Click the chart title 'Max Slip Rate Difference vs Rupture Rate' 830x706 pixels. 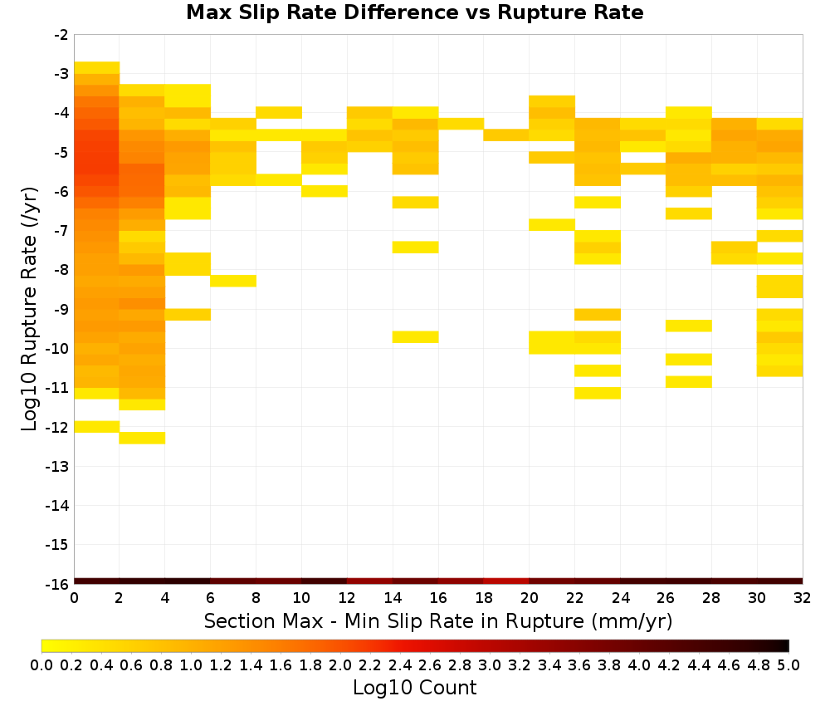414,12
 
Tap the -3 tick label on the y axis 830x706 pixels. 61,74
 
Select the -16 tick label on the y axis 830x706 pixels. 57,584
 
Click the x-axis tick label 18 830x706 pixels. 484,598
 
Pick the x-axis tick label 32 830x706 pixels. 803,598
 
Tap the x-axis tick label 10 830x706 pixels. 302,598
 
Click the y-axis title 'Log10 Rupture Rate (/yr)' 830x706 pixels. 29,309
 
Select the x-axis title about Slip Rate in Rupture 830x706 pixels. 438,620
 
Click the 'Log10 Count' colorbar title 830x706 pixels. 414,688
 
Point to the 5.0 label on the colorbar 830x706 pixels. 788,664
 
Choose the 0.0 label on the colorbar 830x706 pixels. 41,664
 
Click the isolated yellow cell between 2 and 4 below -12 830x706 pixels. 142,438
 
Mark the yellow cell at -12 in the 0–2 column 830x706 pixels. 97,426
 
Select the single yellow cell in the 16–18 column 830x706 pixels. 461,124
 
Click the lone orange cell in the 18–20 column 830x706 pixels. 506,135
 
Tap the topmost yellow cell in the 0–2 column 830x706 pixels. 97,68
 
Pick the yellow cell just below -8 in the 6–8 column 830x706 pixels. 233,281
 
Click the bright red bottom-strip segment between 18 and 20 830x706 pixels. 506,581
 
